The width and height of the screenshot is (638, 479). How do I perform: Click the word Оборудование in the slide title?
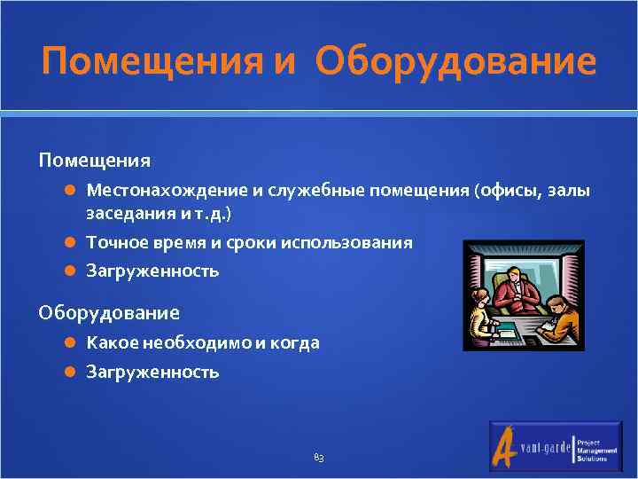click(455, 63)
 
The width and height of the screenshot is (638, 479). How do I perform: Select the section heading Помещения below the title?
click(94, 161)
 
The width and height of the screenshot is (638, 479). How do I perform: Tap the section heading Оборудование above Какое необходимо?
click(108, 312)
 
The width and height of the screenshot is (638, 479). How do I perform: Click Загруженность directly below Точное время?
click(152, 271)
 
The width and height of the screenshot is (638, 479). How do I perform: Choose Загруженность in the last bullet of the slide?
click(152, 372)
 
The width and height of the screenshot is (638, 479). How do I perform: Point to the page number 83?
click(319, 458)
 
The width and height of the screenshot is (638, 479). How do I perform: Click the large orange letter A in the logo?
click(506, 445)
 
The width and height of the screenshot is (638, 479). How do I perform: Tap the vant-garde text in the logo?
click(544, 449)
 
